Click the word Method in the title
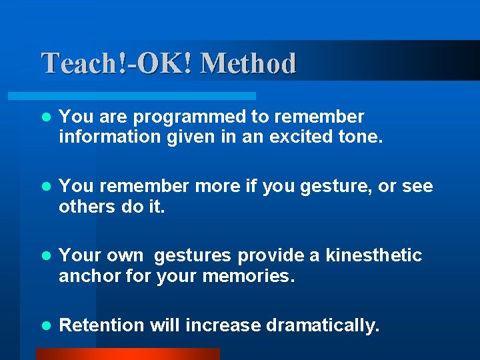(248, 64)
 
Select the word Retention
(101, 325)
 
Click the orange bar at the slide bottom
(127, 354)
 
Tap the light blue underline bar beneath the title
(147, 96)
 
